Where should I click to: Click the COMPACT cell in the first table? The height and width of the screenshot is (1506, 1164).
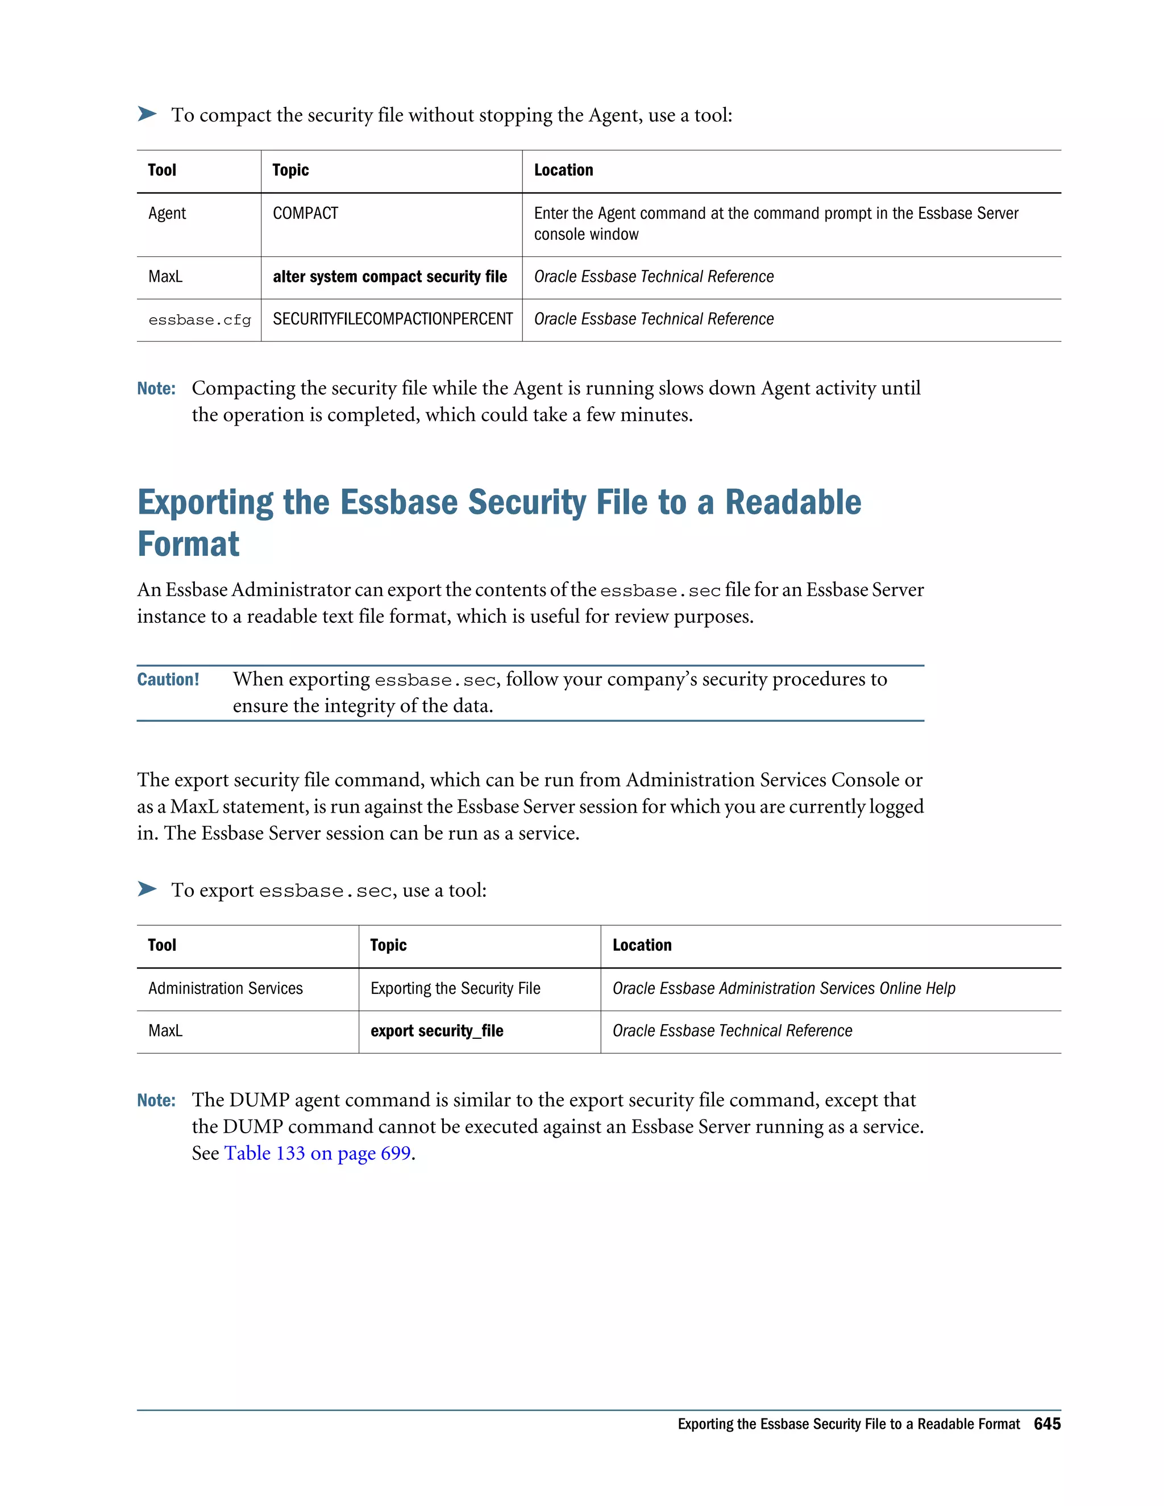(x=305, y=214)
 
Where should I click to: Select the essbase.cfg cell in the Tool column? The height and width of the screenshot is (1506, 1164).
(x=199, y=320)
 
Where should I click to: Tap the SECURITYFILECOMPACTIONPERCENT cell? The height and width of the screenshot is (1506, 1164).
(x=392, y=319)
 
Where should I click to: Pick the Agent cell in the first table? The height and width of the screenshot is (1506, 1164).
(x=167, y=214)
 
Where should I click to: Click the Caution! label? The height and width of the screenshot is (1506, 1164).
(x=168, y=680)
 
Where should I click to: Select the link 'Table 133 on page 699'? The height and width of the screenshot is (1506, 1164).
(x=317, y=1153)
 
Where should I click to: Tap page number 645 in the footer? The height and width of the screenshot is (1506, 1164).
(x=1047, y=1424)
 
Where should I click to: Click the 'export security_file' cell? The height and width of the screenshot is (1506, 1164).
(x=436, y=1031)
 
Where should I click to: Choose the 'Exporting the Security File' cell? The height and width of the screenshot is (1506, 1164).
(x=455, y=989)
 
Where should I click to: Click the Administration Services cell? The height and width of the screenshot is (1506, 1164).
(x=226, y=989)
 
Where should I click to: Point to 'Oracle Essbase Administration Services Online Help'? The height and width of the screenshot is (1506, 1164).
(x=783, y=989)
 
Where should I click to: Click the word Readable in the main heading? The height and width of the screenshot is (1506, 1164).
(x=793, y=503)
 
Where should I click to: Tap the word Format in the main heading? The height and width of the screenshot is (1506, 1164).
(x=188, y=545)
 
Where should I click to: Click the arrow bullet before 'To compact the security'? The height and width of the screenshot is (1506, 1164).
(x=147, y=114)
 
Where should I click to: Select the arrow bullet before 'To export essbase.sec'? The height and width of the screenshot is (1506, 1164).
(x=147, y=889)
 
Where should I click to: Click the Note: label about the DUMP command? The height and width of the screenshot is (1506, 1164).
(x=156, y=1101)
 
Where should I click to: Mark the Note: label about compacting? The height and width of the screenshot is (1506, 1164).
(x=156, y=389)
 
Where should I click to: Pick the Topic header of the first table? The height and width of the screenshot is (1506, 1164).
(x=290, y=170)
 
